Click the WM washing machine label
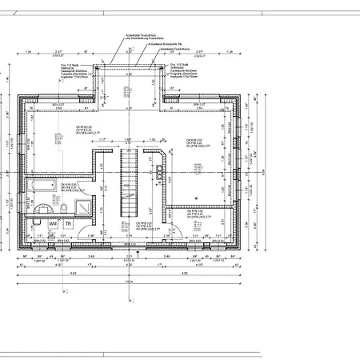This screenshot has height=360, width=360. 54,225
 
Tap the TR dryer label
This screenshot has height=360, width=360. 69,225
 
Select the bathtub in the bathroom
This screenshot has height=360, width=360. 39,186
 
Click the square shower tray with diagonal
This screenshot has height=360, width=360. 83,207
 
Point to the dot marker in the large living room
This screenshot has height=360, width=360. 195,198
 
